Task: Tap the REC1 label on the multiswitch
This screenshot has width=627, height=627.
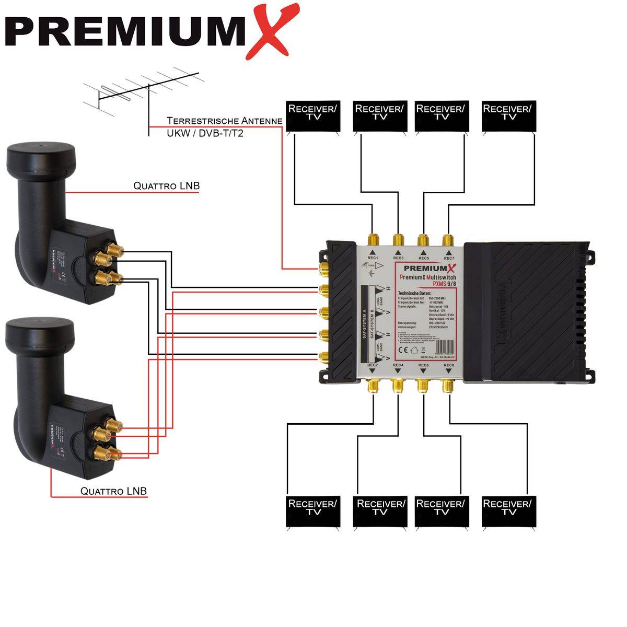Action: point(373,258)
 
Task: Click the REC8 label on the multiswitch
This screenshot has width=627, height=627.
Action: point(448,365)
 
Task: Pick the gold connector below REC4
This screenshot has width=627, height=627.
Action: point(398,386)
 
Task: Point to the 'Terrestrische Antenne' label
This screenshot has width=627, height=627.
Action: point(225,121)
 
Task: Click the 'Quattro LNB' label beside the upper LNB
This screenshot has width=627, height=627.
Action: point(166,185)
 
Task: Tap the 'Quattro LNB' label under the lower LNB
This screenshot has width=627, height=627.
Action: point(113,491)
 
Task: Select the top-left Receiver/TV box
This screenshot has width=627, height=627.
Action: point(313,116)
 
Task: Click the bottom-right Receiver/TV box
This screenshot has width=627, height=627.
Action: point(507,511)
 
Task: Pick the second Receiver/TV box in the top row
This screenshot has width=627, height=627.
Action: point(379,116)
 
